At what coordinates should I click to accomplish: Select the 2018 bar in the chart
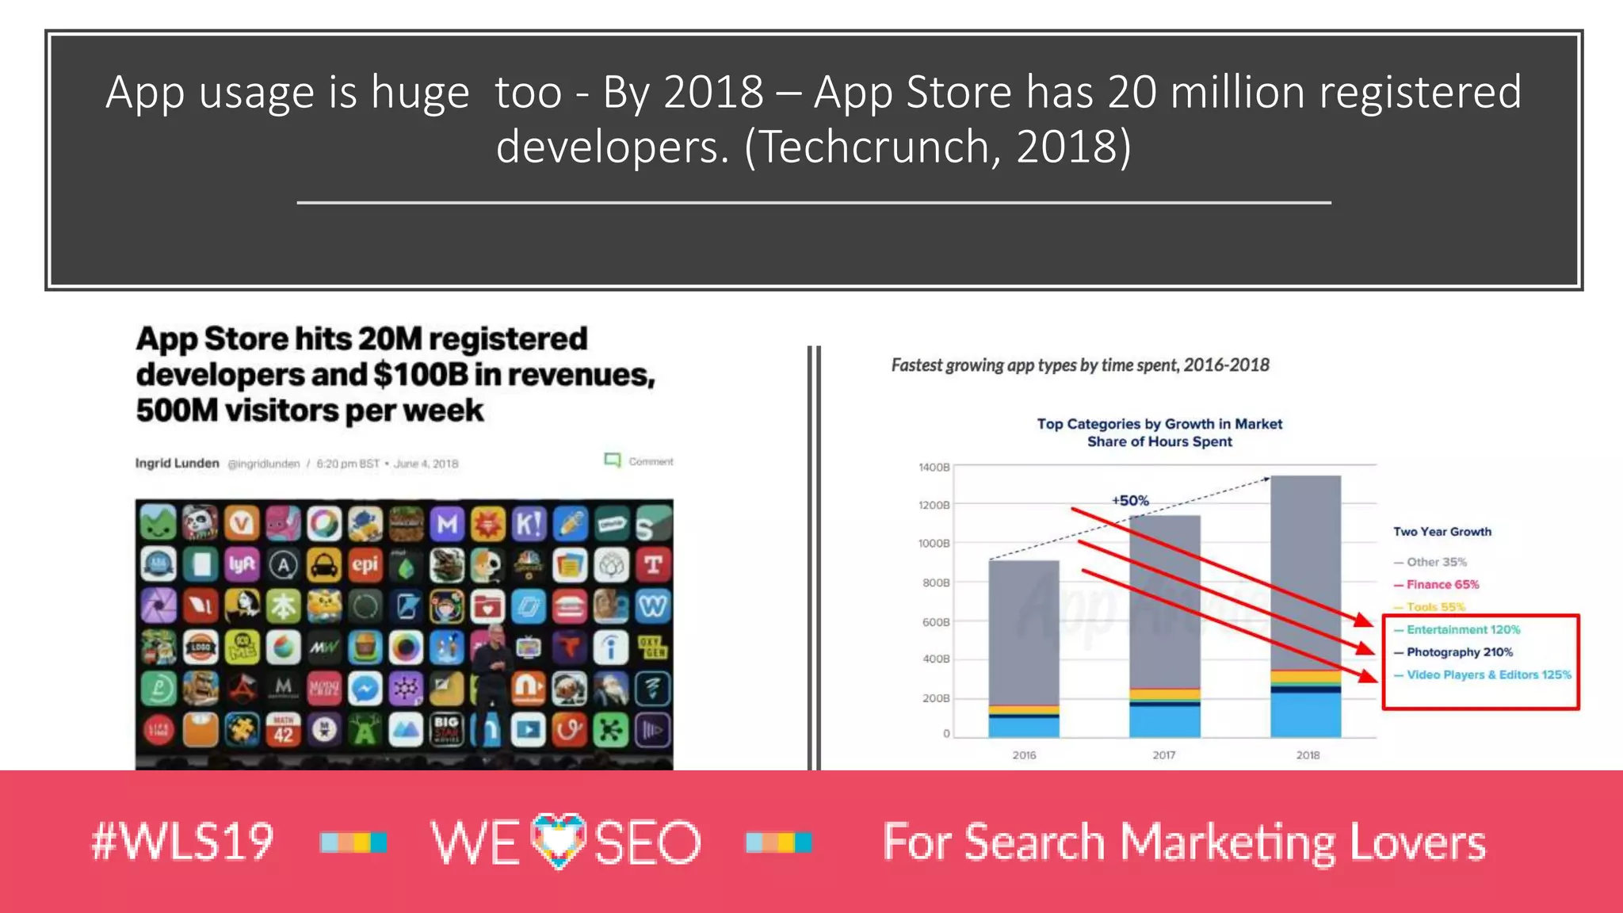[x=1305, y=606]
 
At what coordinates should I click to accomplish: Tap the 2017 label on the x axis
[x=1164, y=755]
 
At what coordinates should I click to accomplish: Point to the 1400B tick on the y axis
[x=934, y=468]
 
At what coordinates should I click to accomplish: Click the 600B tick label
[x=935, y=622]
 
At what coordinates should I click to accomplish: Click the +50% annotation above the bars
[x=1129, y=501]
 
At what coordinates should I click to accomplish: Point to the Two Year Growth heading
[x=1442, y=532]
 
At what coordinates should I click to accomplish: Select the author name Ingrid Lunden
[x=177, y=463]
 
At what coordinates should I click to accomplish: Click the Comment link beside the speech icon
[x=651, y=461]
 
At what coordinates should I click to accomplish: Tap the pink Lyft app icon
[x=242, y=564]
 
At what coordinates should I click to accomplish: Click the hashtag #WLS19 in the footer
[x=183, y=842]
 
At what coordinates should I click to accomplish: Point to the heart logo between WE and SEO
[x=559, y=840]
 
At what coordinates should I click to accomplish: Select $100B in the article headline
[x=420, y=375]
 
